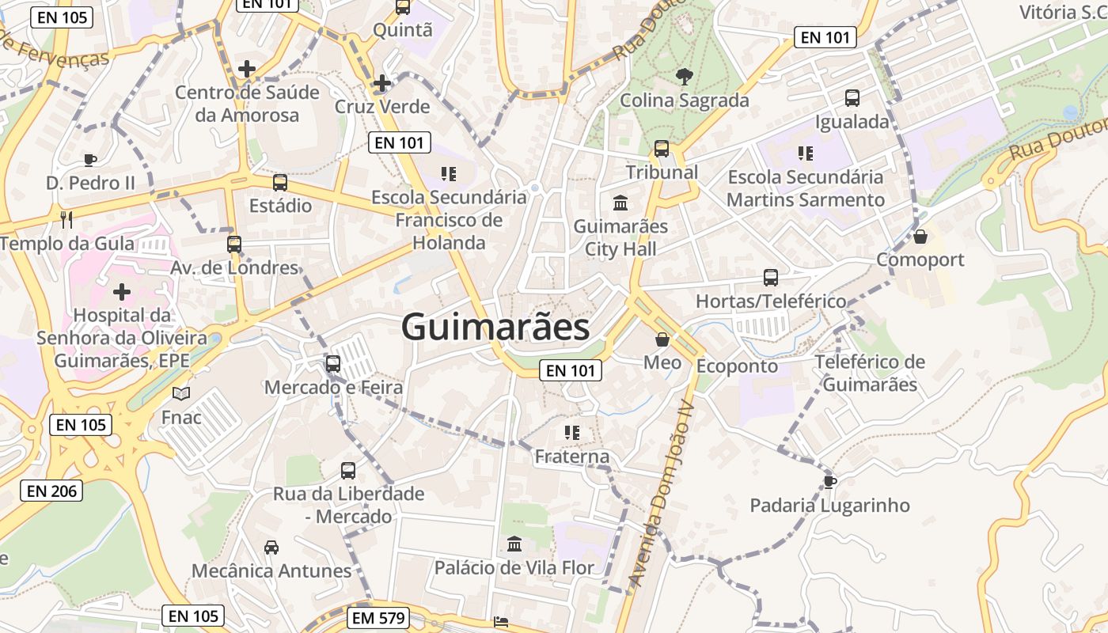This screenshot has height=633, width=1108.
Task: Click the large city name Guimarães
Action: coord(495,327)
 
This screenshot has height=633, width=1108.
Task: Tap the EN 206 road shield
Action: coord(52,491)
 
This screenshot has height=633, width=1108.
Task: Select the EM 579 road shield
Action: coord(378,618)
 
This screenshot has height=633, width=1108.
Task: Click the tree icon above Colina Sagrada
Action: coord(684,77)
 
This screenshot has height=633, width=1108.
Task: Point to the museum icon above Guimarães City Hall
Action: coord(620,203)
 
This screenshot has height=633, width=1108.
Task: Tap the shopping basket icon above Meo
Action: coord(662,339)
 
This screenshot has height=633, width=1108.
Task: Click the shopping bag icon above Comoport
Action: coord(920,237)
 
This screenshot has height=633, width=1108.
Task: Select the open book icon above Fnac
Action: coord(181,393)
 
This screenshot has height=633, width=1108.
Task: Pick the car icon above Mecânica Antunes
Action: coord(271,547)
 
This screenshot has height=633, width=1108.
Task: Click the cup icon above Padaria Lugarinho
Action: coord(829,481)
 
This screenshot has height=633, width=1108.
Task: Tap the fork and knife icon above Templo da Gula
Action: coord(66,219)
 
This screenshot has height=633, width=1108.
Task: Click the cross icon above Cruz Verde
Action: coord(382,83)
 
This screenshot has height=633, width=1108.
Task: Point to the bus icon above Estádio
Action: coord(280,183)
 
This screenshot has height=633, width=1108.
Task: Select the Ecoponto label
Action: coord(737,366)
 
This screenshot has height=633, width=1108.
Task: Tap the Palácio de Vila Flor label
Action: coord(514,567)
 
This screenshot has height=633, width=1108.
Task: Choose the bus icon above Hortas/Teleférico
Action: coord(771,278)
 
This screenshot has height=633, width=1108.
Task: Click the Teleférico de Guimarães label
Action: coord(870,373)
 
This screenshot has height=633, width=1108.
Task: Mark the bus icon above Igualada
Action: coord(852,98)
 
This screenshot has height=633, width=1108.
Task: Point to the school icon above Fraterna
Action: coord(572,433)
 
